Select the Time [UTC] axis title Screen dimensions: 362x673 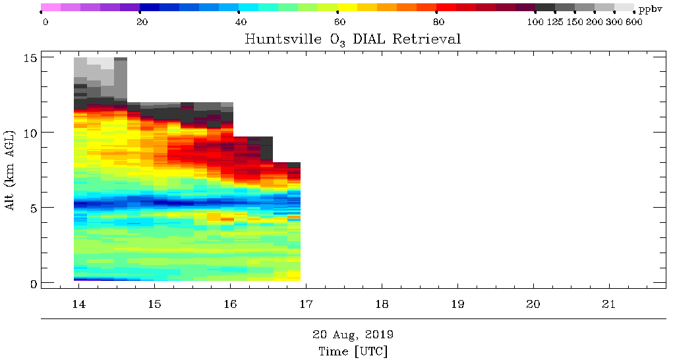tap(353, 351)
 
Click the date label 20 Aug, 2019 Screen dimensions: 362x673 tap(353, 334)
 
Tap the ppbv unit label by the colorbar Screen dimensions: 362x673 tap(650, 9)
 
